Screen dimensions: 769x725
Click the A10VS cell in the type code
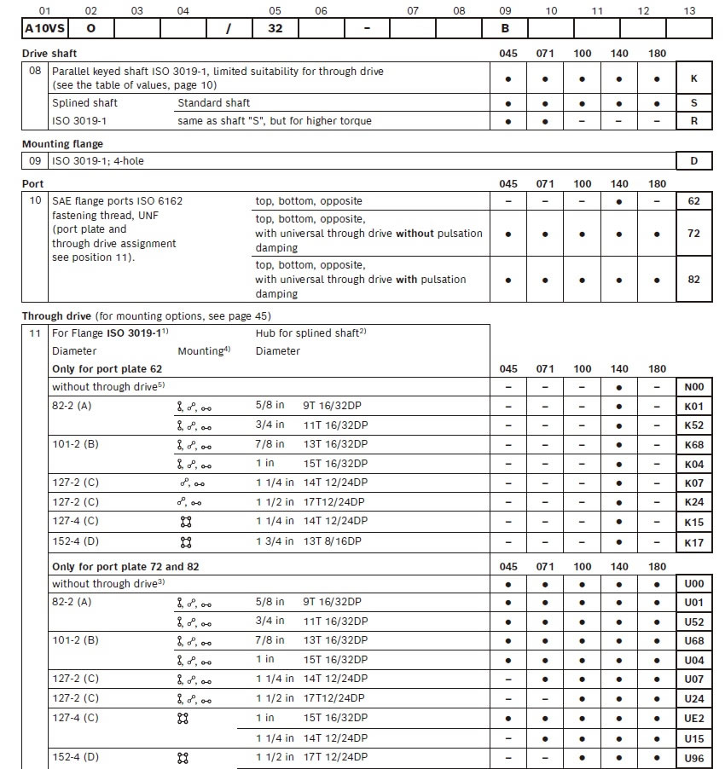tap(44, 27)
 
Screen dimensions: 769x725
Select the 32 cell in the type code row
tap(274, 27)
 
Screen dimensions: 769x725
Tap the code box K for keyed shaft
tap(693, 78)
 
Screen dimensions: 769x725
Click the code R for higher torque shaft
tap(693, 121)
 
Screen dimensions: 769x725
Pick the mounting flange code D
tap(693, 159)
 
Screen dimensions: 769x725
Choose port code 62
tap(693, 201)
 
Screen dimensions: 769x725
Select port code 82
tap(693, 279)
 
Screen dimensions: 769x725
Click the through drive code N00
tap(693, 387)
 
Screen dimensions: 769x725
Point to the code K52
tap(693, 425)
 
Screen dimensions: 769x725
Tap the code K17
tap(693, 541)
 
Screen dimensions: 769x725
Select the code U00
tap(693, 584)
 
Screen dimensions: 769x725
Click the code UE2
tap(693, 718)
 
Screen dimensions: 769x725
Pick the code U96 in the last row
tap(693, 757)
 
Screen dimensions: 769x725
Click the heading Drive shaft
tap(49, 53)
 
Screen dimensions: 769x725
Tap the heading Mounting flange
tap(62, 144)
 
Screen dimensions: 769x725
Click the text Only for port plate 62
tap(107, 369)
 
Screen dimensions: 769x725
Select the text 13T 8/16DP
tap(335, 541)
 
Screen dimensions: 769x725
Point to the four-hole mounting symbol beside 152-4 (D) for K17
tap(186, 541)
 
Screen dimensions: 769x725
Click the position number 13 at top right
tap(689, 10)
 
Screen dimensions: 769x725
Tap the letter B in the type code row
tap(505, 27)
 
